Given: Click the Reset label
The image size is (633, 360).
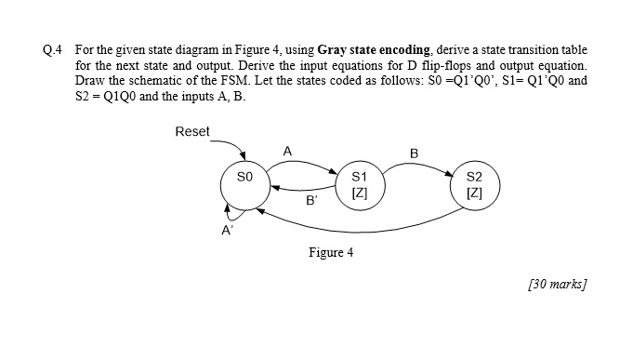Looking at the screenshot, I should coord(192,131).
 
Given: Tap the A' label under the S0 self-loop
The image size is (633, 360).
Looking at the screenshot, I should coord(226,233).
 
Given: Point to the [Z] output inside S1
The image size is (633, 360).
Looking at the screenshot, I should coord(361,193).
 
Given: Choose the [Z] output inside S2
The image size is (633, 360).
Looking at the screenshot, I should coord(474,193).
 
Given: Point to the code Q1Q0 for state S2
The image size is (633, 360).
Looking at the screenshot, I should coord(115,96).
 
